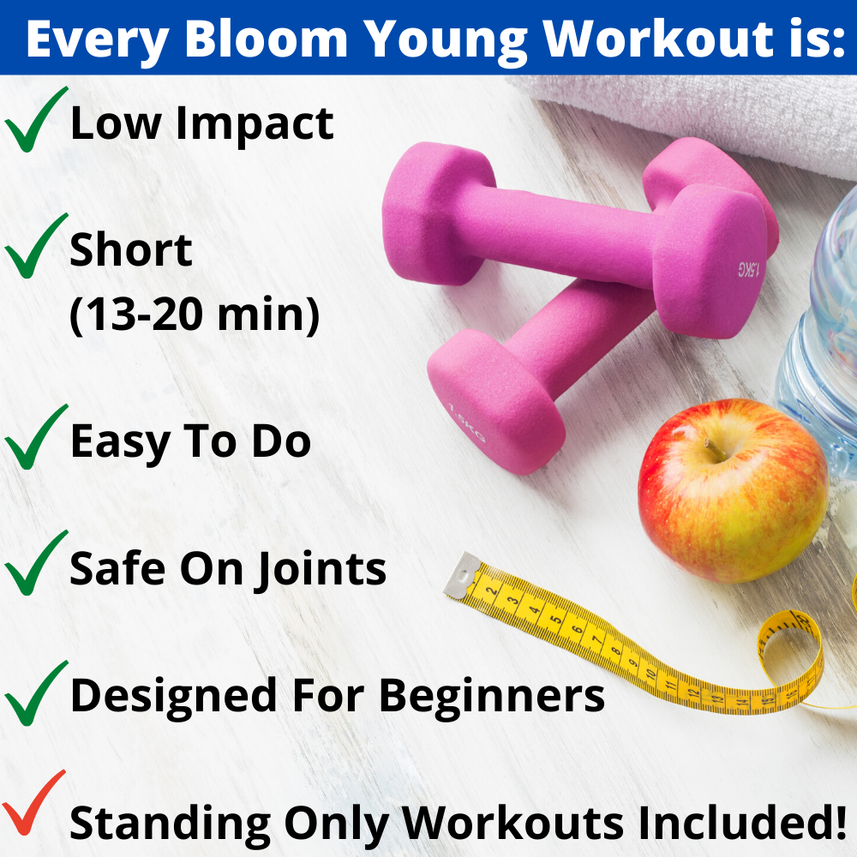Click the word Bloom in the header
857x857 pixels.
coord(267,39)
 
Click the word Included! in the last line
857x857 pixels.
coord(735,822)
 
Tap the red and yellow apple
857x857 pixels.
coord(733,490)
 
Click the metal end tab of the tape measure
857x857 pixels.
coord(463,575)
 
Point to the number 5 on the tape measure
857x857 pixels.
coord(555,620)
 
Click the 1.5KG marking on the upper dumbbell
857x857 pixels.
coord(749,269)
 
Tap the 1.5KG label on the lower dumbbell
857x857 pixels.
coord(466,423)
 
